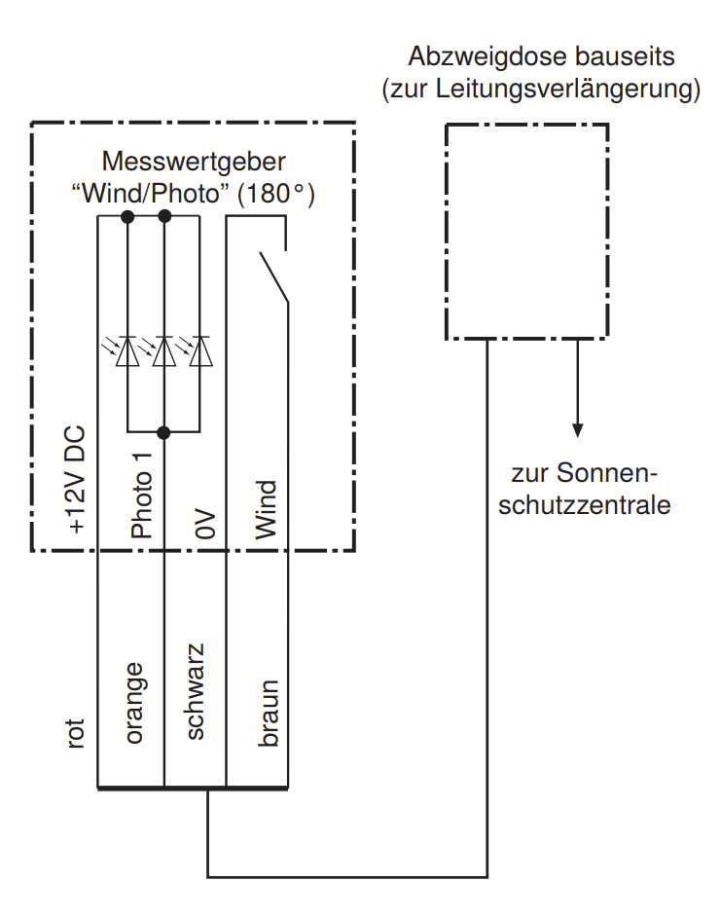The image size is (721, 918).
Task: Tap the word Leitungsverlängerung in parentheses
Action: pos(573,91)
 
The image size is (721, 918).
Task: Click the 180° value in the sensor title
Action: pos(275,194)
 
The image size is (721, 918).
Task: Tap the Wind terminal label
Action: pos(266,509)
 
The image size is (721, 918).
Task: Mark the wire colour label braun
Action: pos(268,713)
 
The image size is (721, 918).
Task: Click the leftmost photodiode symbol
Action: pos(126,351)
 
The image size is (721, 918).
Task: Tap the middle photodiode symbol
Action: pos(163,351)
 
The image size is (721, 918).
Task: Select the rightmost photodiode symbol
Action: pos(200,351)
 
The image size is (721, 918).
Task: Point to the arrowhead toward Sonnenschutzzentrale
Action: pos(577,429)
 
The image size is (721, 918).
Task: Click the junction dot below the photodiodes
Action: pos(163,431)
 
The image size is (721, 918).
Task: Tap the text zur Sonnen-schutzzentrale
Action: pos(585,490)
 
